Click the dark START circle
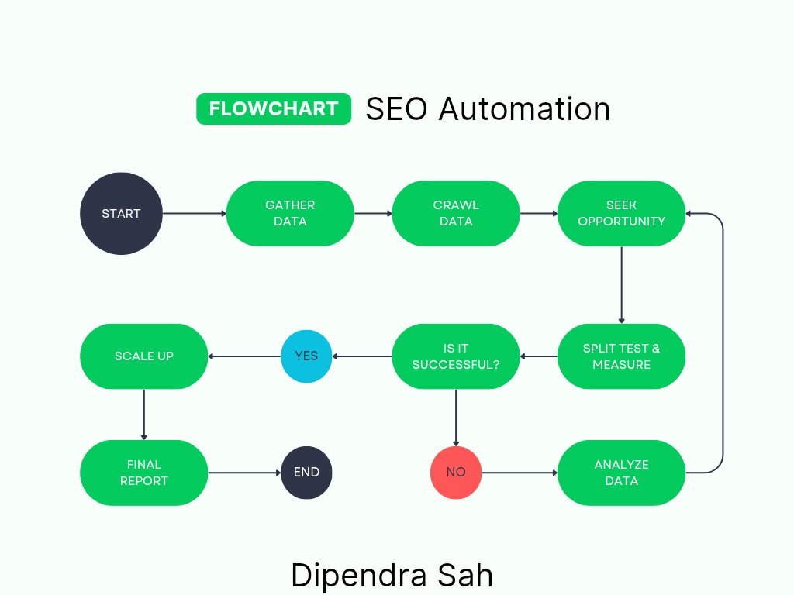click(122, 214)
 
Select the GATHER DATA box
click(290, 213)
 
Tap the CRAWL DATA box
click(456, 213)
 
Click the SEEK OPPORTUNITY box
click(621, 213)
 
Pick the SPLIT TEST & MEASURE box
click(621, 356)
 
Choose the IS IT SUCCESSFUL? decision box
click(456, 356)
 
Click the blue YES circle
click(306, 356)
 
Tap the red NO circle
click(456, 472)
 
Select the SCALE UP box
click(144, 356)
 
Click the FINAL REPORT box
click(144, 472)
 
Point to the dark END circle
click(306, 472)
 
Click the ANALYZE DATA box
click(621, 472)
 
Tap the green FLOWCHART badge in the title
click(274, 108)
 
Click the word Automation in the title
click(524, 108)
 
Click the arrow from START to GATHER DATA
click(194, 213)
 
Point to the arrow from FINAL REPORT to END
click(244, 472)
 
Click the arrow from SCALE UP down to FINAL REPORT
click(144, 414)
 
